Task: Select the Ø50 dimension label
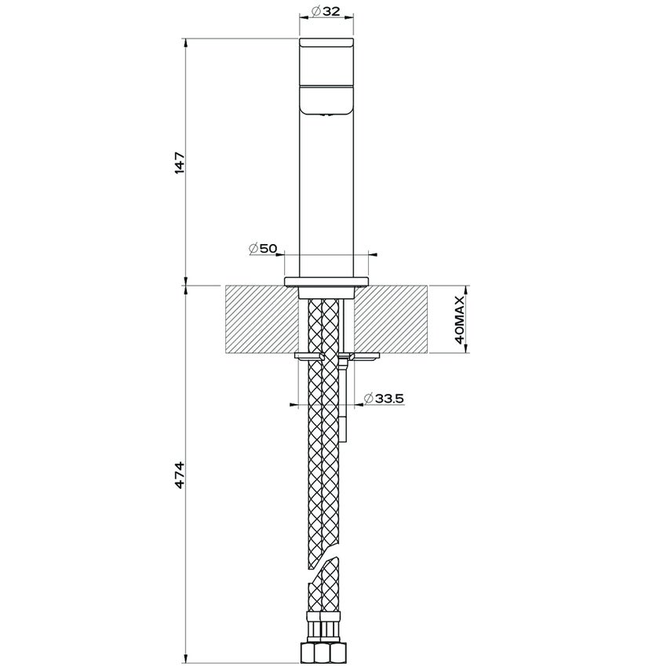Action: coord(263,248)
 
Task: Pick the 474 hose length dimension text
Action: coord(180,476)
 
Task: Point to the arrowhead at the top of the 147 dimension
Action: coord(186,41)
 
